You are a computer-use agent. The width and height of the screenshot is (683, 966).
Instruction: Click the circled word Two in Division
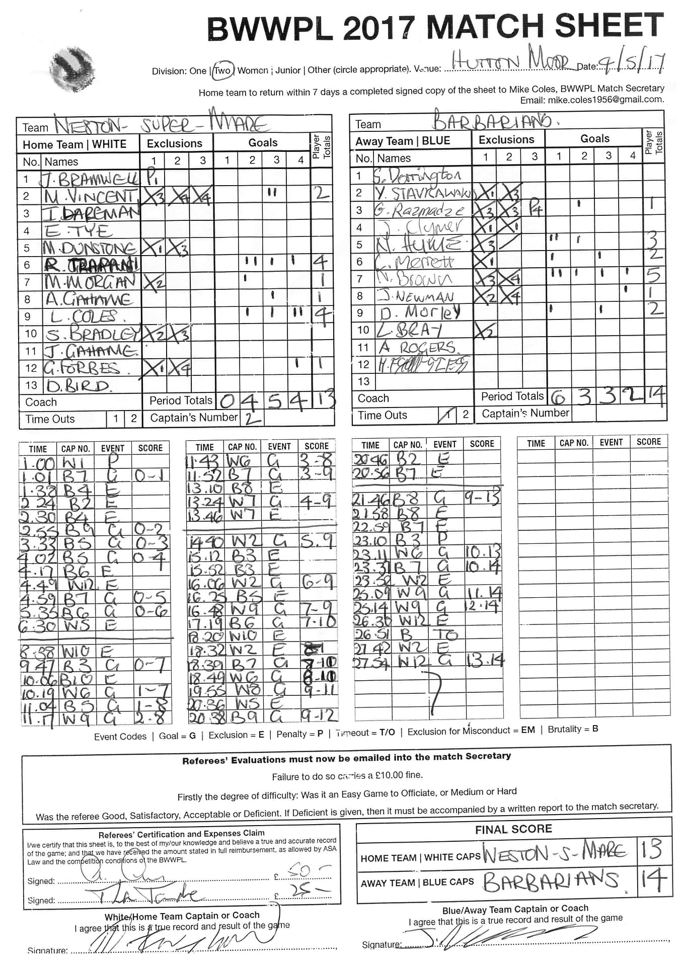click(x=222, y=71)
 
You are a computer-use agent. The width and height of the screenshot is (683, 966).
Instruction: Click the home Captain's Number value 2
click(x=252, y=418)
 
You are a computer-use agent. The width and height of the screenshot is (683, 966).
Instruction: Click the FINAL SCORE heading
click(x=513, y=829)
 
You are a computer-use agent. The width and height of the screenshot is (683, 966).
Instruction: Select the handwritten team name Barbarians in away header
click(x=491, y=121)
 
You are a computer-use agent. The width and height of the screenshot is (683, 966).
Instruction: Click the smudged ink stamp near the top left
click(x=73, y=69)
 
